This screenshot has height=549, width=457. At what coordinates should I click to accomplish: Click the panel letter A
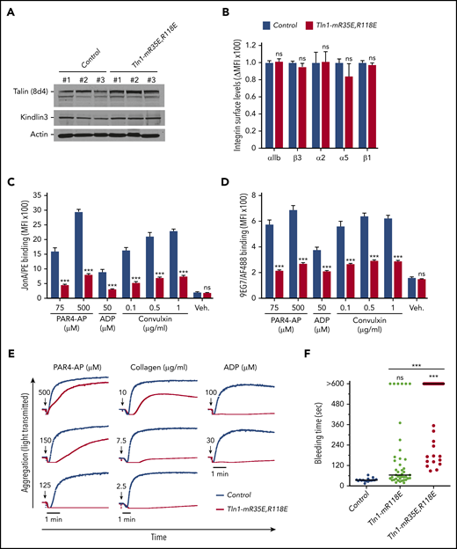(9, 10)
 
